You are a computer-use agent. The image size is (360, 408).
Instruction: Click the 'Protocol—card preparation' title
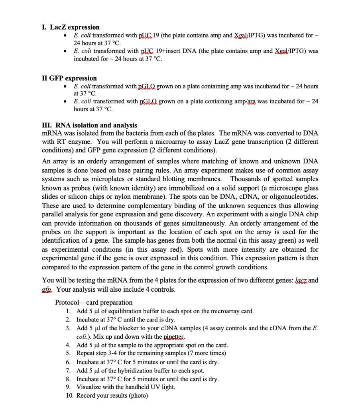(x=94, y=302)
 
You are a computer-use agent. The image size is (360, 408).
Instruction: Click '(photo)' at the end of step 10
(x=137, y=396)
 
